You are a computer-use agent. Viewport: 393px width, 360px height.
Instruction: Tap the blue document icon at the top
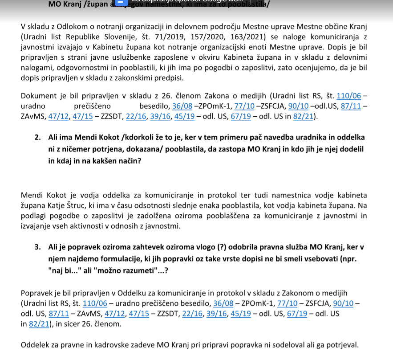pyautogui.click(x=120, y=3)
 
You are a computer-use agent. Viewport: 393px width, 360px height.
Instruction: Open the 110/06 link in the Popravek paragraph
pyautogui.click(x=95, y=303)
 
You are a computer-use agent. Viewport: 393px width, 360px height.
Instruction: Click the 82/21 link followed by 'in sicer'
pyautogui.click(x=38, y=324)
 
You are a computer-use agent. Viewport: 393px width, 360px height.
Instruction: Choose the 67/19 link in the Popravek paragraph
pyautogui.click(x=296, y=314)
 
